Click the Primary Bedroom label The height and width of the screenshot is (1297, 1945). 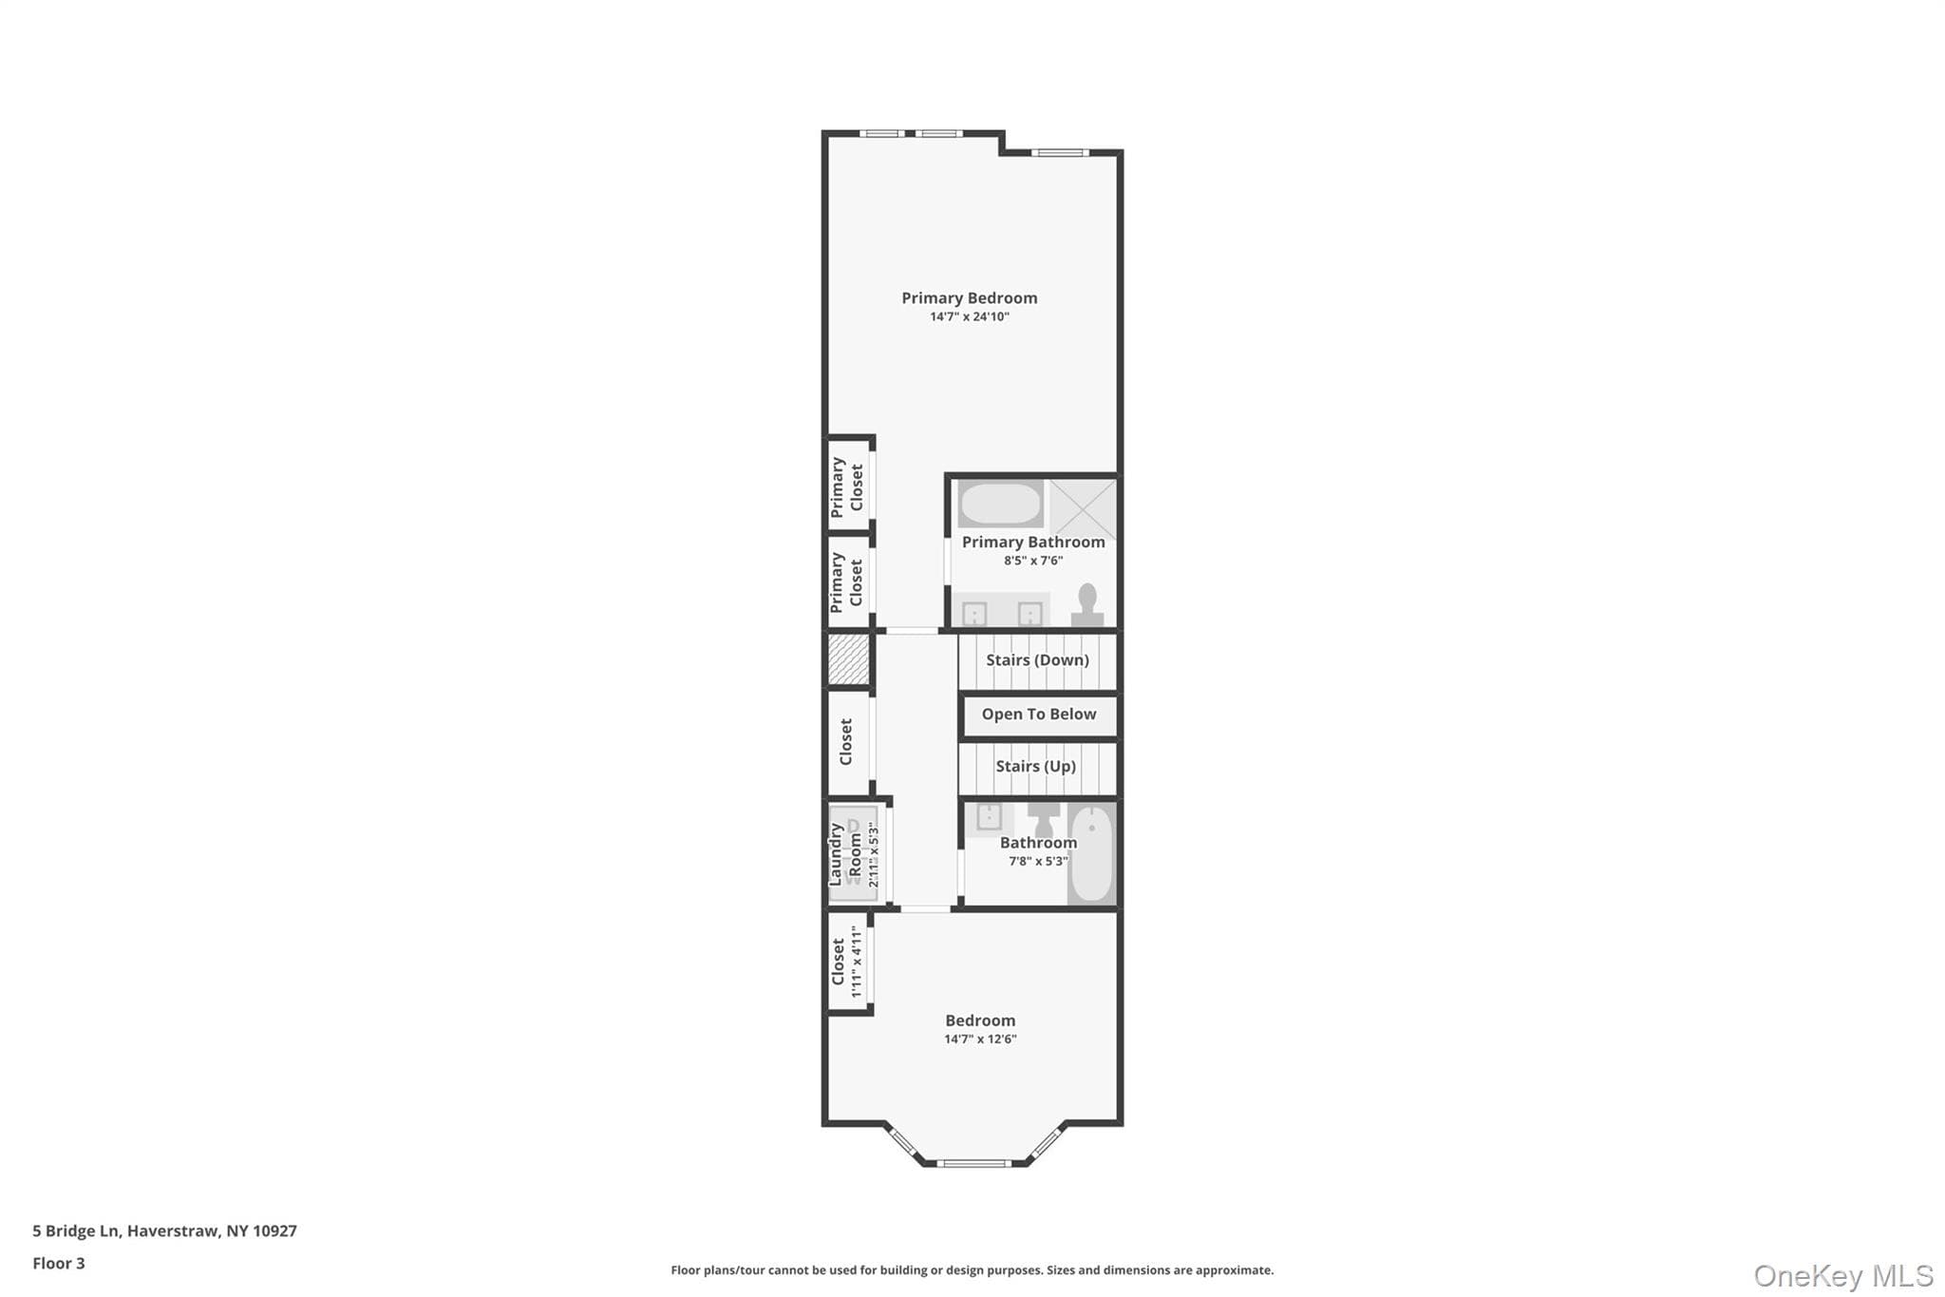tap(969, 298)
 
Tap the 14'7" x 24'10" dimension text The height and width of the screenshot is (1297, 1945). tap(969, 316)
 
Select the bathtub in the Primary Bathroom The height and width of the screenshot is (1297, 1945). tap(999, 505)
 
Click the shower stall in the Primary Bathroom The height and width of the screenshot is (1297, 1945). tap(1083, 508)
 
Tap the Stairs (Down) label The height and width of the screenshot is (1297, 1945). tap(1037, 660)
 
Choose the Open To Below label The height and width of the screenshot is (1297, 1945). tap(1039, 715)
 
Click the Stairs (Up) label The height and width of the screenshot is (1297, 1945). tap(1035, 767)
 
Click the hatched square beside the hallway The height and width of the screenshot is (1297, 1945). tap(848, 659)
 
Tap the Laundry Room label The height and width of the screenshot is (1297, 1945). tap(845, 854)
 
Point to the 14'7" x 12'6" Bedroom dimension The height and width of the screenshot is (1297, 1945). tap(980, 1040)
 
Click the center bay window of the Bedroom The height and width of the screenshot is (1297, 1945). tap(973, 1163)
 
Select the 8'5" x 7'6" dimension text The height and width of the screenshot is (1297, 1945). tap(1033, 561)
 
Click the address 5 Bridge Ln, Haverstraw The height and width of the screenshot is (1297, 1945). tap(164, 1231)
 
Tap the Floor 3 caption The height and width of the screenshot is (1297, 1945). tap(59, 1264)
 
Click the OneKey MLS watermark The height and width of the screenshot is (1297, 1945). tap(1843, 1275)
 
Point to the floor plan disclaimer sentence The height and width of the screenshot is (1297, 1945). tap(972, 1270)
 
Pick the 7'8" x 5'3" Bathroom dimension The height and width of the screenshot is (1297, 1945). tap(1038, 862)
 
